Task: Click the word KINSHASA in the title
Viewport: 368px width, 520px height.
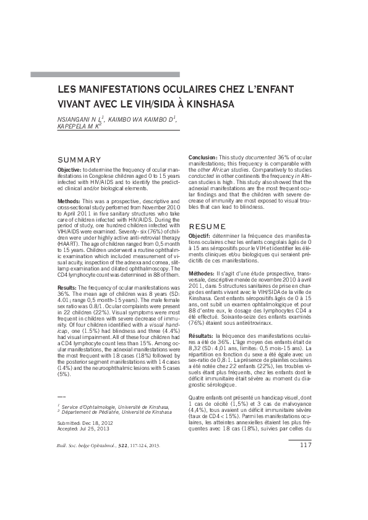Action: point(209,104)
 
